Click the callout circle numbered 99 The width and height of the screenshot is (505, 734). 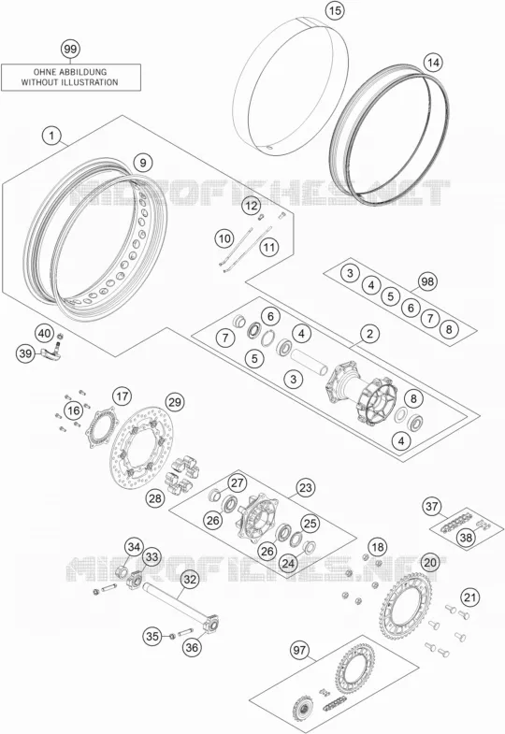(x=70, y=49)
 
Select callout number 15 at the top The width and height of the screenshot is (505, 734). (x=335, y=10)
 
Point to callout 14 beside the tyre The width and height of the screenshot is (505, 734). (x=433, y=63)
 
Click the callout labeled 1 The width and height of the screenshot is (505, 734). (x=51, y=137)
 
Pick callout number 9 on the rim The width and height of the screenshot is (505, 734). (x=143, y=163)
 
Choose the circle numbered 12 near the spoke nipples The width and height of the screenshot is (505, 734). (x=252, y=206)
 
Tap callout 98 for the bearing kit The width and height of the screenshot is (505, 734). (x=426, y=281)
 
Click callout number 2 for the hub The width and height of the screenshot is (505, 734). (x=369, y=334)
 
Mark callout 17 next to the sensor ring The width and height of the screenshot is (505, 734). (x=123, y=397)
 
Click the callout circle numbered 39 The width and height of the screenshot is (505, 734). (x=25, y=353)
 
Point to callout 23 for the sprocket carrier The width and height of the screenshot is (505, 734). (x=306, y=488)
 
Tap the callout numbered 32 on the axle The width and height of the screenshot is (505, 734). (x=190, y=580)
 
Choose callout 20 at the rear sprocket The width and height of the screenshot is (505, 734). (x=429, y=562)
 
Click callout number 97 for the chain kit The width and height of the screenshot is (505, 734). (x=299, y=650)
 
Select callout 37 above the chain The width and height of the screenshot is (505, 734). (x=431, y=506)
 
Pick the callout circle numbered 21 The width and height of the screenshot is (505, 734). (x=470, y=597)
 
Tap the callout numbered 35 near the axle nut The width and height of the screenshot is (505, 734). (x=152, y=636)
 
